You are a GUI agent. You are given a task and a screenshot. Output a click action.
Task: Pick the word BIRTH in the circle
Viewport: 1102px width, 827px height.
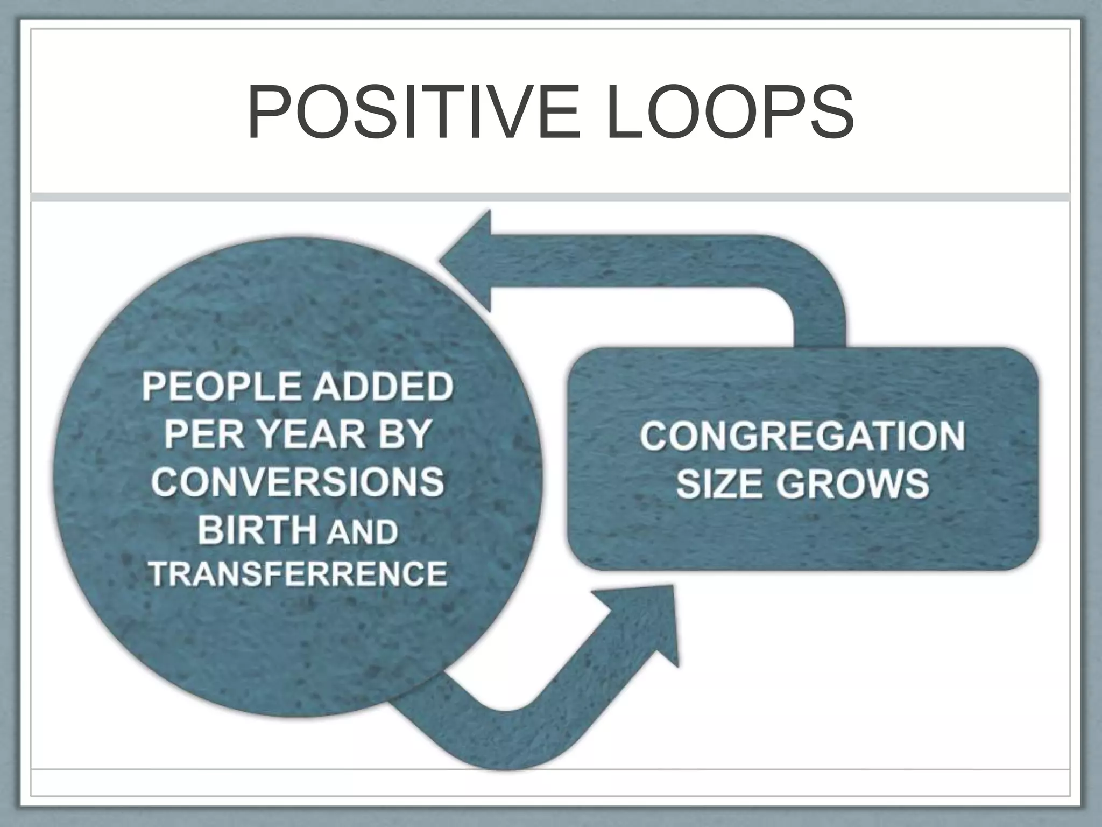(x=257, y=530)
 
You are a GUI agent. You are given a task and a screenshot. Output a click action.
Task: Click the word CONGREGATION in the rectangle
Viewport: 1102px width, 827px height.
(x=802, y=436)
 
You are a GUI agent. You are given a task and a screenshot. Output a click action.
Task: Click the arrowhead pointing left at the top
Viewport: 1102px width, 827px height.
(x=468, y=261)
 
